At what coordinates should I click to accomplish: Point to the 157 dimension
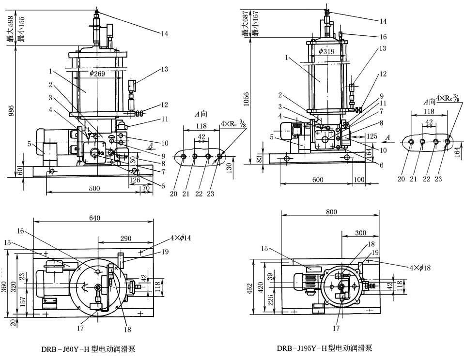[x=20, y=302]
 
